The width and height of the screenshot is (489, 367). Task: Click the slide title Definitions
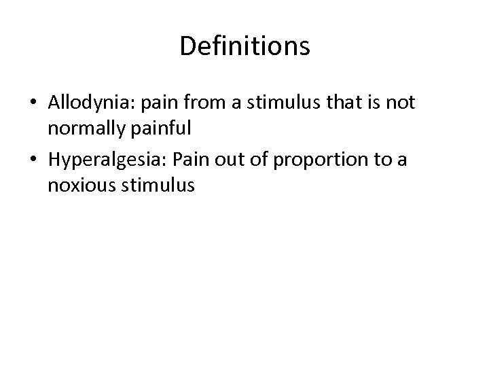[x=244, y=47]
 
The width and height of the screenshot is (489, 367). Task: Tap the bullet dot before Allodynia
[x=33, y=104]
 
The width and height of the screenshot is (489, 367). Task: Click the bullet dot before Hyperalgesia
[x=33, y=162]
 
